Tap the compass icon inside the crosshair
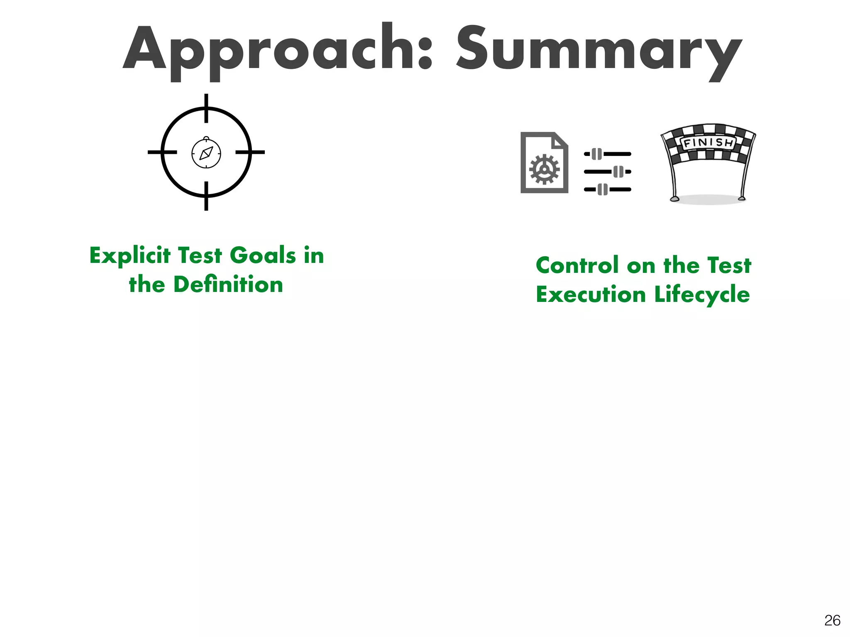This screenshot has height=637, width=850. click(x=206, y=153)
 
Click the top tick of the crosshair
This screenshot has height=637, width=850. click(x=206, y=108)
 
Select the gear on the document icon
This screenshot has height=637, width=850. click(x=544, y=169)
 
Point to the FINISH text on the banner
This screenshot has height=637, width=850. click(x=708, y=143)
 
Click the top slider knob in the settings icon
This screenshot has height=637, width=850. click(x=597, y=154)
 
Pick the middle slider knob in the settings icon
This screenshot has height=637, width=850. click(x=618, y=172)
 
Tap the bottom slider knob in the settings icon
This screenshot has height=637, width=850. click(x=603, y=190)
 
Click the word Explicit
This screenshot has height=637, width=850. click(x=130, y=255)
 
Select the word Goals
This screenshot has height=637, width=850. click(x=263, y=255)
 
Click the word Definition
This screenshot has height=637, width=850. click(x=228, y=284)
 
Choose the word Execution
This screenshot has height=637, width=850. click(x=591, y=294)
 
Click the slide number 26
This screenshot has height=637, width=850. click(x=832, y=620)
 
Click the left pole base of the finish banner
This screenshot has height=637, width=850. click(x=675, y=199)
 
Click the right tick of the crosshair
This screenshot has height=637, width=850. click(x=250, y=152)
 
